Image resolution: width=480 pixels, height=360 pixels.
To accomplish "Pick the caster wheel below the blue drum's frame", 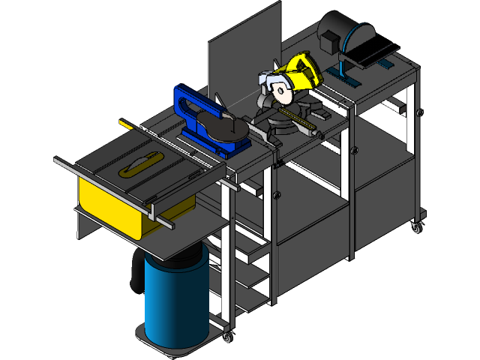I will click(x=226, y=337).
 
